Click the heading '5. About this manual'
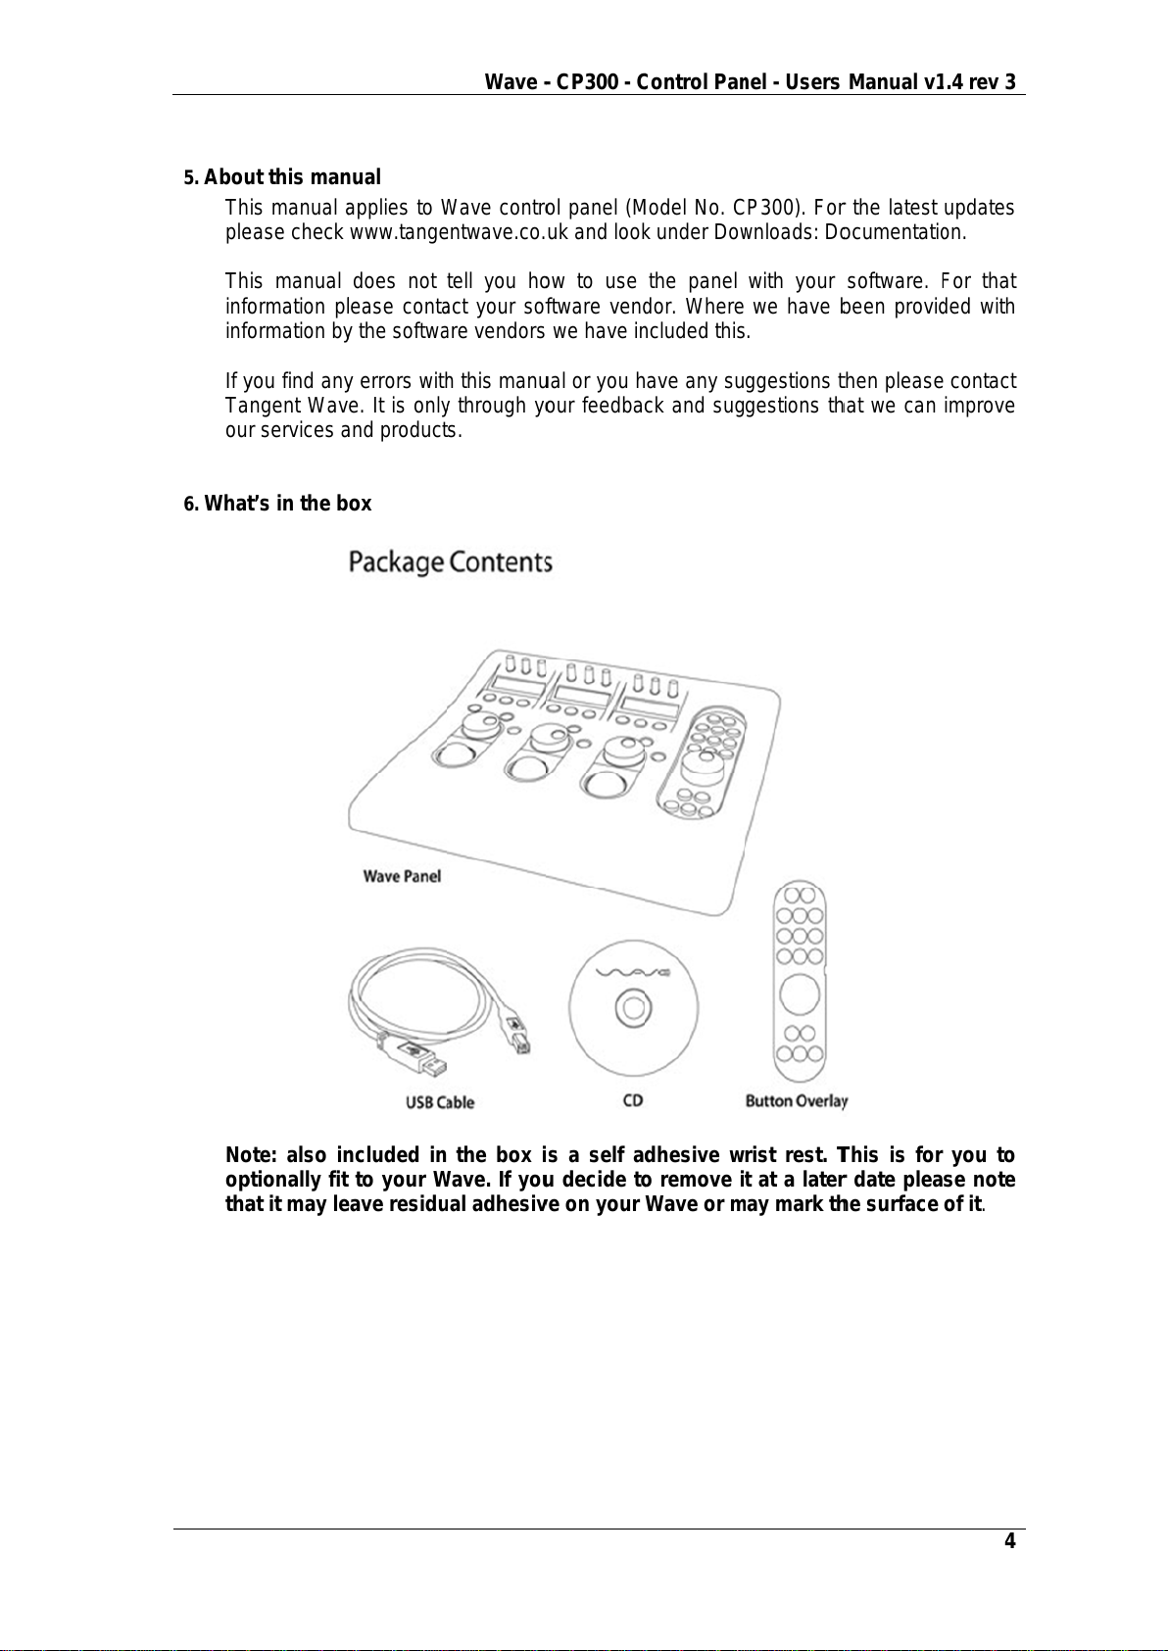point(282,177)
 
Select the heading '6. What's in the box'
point(278,504)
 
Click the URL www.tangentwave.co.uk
point(460,233)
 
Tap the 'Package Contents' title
point(451,562)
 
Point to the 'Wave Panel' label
point(402,876)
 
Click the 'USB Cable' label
point(440,1102)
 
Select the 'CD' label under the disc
point(633,1100)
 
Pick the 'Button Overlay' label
point(797,1101)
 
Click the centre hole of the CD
point(633,1007)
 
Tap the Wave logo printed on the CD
point(634,973)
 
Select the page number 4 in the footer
point(1008,1542)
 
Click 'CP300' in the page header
point(587,82)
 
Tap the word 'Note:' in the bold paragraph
point(251,1155)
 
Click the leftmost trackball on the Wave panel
point(454,755)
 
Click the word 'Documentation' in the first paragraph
point(896,233)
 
